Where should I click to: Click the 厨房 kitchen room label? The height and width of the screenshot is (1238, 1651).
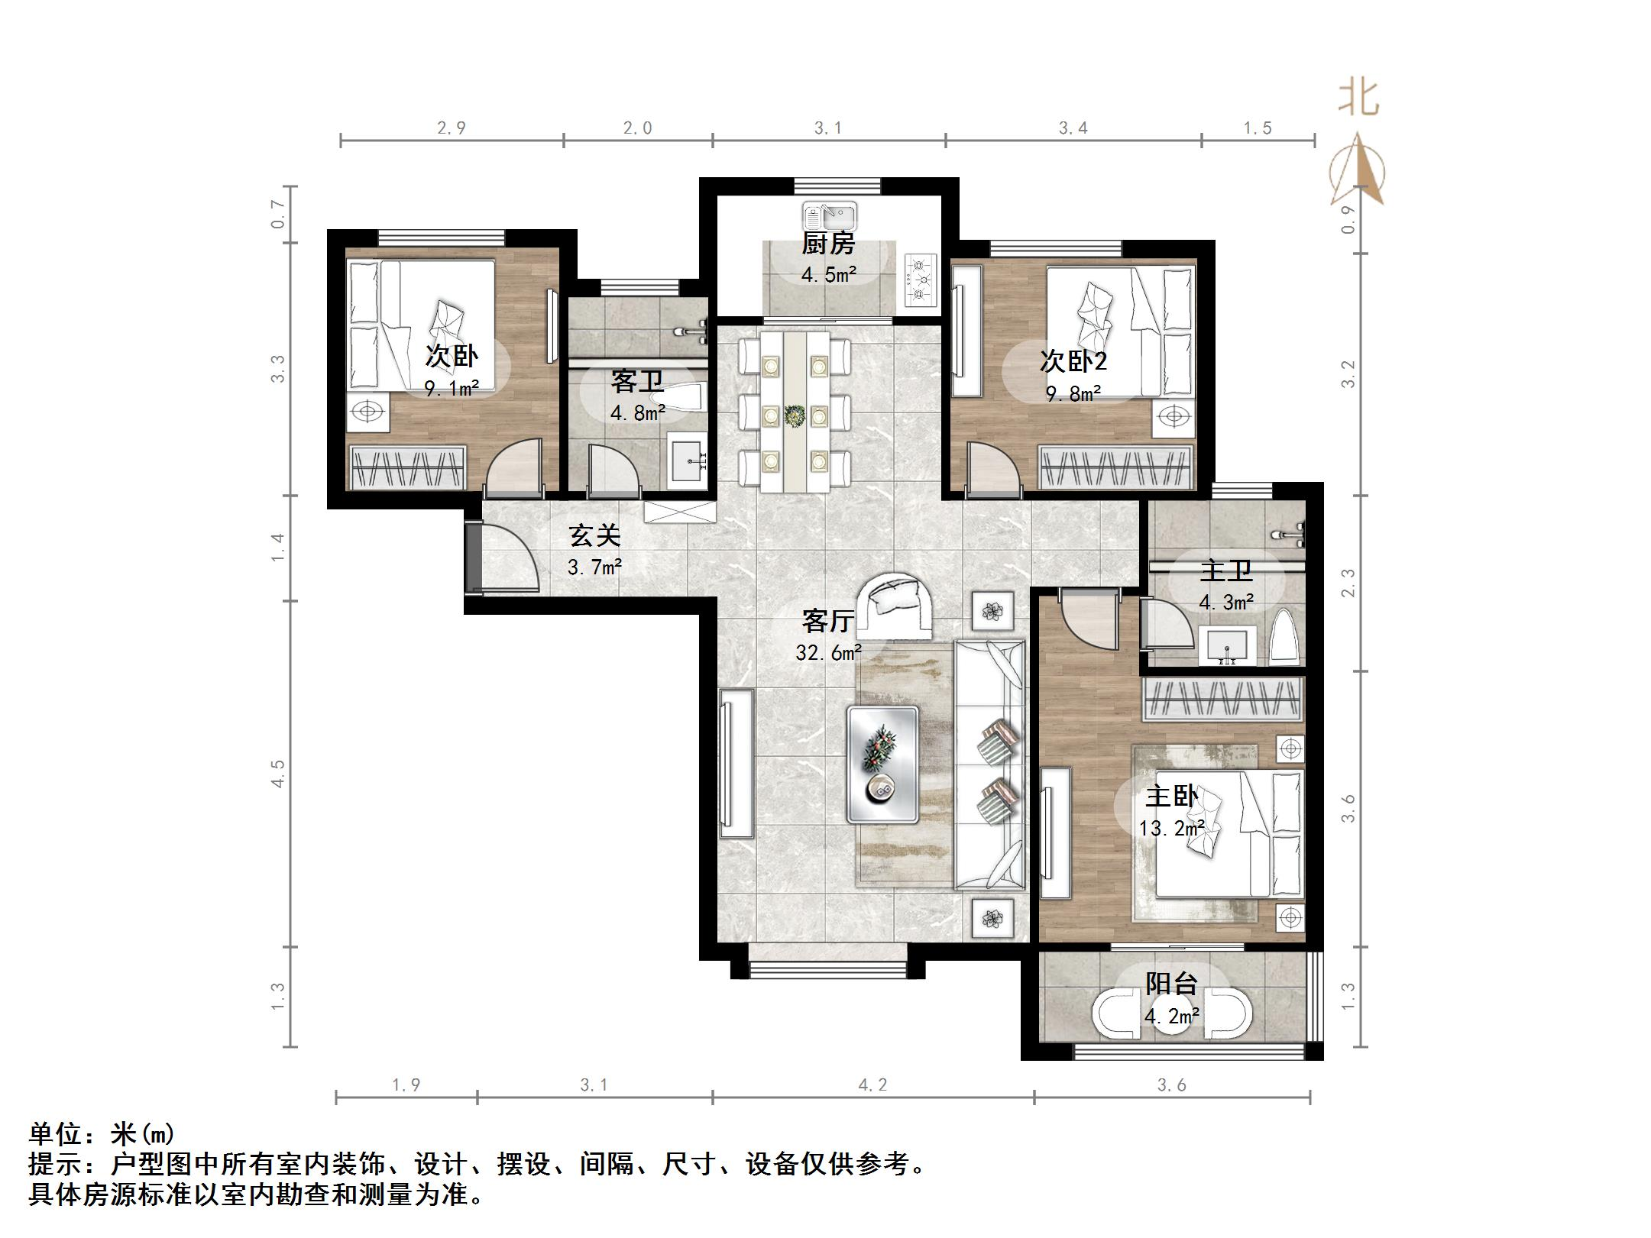click(x=828, y=244)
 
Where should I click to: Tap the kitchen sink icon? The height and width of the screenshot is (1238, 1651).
click(x=830, y=216)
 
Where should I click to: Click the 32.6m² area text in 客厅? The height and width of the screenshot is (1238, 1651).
click(x=828, y=652)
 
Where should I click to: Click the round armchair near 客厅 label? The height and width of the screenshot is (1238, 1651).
click(x=894, y=607)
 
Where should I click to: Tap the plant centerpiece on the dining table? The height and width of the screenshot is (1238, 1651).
click(x=795, y=415)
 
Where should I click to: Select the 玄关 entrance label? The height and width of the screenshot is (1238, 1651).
click(x=594, y=535)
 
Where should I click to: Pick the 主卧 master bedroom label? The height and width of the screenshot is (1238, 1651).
click(x=1171, y=796)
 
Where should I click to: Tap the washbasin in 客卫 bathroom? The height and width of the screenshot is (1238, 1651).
click(x=690, y=459)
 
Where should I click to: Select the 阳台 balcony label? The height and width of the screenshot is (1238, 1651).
click(x=1171, y=984)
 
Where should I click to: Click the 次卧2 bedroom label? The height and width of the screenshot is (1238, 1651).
click(x=1073, y=360)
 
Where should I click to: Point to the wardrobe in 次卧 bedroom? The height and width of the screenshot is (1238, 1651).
click(x=407, y=467)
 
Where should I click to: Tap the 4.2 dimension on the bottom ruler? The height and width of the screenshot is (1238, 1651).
click(x=872, y=1084)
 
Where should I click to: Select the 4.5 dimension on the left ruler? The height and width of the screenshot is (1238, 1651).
click(x=277, y=774)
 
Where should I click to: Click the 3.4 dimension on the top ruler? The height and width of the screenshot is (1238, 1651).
click(x=1073, y=128)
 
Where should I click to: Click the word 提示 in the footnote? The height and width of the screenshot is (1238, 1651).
click(x=55, y=1164)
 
